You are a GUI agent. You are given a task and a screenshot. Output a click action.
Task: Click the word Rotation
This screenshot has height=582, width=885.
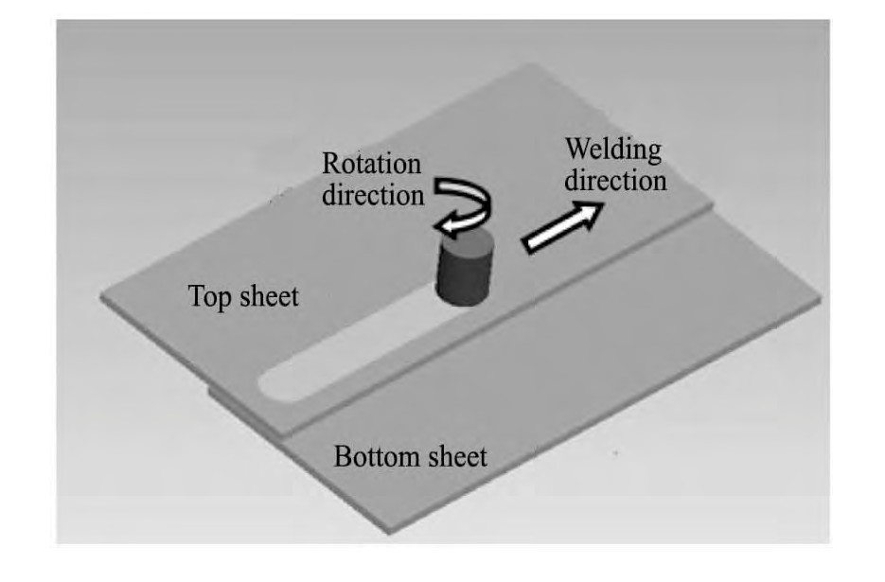[371, 165]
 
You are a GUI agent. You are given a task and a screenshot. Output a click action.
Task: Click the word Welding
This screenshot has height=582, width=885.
[612, 150]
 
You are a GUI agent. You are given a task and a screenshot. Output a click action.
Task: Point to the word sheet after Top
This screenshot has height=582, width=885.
[268, 297]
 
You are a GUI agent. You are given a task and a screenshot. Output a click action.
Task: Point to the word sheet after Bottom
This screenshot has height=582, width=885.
[454, 458]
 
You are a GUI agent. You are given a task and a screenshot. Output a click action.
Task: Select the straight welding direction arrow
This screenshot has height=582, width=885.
[563, 229]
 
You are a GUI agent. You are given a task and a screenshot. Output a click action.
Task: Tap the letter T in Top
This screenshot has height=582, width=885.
[195, 297]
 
